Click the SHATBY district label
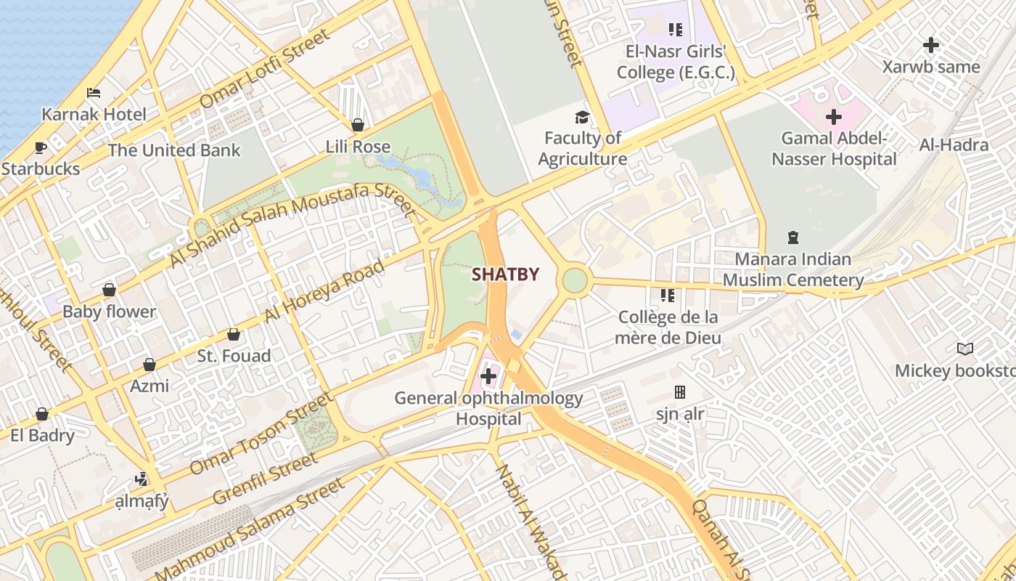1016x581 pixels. pos(506,275)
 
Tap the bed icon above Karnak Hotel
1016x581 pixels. pos(94,93)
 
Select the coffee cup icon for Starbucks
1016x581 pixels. pos(41,148)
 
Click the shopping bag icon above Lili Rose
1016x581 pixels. pos(357,125)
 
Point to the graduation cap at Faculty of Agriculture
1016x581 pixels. pos(582,117)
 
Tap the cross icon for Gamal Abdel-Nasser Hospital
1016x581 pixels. pos(834,116)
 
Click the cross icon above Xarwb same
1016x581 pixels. pos(930,45)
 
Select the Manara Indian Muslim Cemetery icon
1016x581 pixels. pos(792,237)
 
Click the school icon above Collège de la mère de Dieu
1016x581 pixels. pos(667,296)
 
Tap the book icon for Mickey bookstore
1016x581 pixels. pos(964,349)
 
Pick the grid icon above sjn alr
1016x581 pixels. pos(679,392)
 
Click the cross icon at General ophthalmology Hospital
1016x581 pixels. pos(488,376)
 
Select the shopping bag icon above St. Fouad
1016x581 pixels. pos(234,334)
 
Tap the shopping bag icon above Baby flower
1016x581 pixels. pos(109,290)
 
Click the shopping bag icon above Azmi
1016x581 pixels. pos(149,364)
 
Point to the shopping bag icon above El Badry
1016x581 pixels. pos(42,414)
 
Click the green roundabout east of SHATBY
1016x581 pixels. pos(574,280)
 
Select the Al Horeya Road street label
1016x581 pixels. pos(324,291)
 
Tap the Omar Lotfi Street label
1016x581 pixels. pos(264,68)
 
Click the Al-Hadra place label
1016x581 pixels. pos(954,145)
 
